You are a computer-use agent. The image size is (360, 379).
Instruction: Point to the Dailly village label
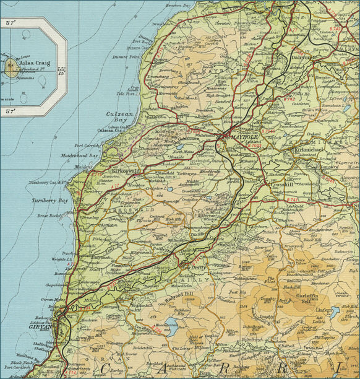197,261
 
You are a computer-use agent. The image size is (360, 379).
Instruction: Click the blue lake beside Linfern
335,312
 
